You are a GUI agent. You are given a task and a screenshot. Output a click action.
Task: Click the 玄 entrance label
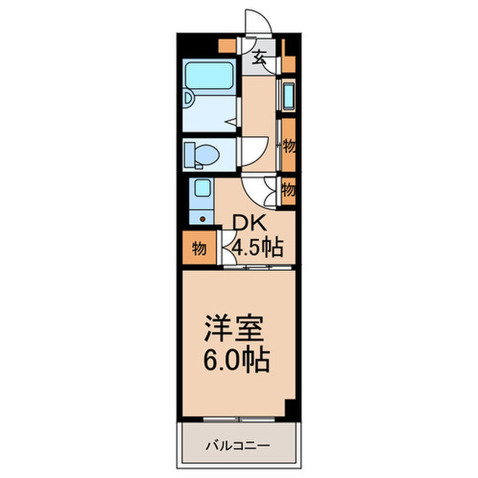[x=260, y=56]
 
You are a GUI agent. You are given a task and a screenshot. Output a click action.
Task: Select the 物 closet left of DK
[x=198, y=248]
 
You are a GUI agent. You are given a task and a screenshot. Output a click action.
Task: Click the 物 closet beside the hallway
[x=289, y=145]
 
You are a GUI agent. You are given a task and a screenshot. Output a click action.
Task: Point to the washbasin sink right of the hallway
[x=287, y=96]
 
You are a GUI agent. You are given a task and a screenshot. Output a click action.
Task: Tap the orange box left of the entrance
[x=224, y=46]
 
